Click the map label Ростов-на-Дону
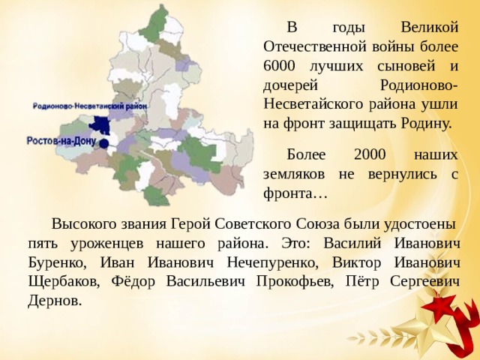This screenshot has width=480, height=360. click(61, 140)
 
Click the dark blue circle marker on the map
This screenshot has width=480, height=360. click(103, 142)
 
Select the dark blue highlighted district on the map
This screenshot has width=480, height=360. click(98, 126)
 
